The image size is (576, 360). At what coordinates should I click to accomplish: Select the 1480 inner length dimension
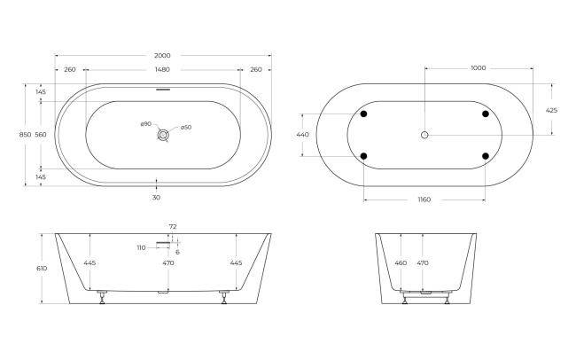[x=161, y=69]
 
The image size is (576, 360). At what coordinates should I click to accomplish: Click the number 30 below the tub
[x=156, y=197]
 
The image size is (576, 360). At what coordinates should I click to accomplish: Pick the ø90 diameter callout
[x=145, y=123]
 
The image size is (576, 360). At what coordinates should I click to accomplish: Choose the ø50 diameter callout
[x=186, y=128]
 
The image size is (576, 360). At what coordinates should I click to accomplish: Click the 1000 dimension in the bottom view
[x=478, y=67]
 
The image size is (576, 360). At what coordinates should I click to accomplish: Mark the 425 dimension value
[x=551, y=110]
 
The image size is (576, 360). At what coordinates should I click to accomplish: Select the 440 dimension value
[x=302, y=135]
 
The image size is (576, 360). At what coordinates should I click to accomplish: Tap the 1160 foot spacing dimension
[x=424, y=200]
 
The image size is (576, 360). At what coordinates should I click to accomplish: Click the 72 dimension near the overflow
[x=173, y=228]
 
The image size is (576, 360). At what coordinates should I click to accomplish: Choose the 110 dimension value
[x=141, y=247]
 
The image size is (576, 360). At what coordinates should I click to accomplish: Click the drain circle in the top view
[x=162, y=135]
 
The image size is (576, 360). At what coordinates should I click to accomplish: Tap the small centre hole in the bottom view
[x=424, y=135]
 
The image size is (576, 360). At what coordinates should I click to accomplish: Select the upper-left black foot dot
[x=363, y=113]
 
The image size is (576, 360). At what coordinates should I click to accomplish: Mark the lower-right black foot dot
[x=486, y=156]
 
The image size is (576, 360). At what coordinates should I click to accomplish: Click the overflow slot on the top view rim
[x=162, y=88]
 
